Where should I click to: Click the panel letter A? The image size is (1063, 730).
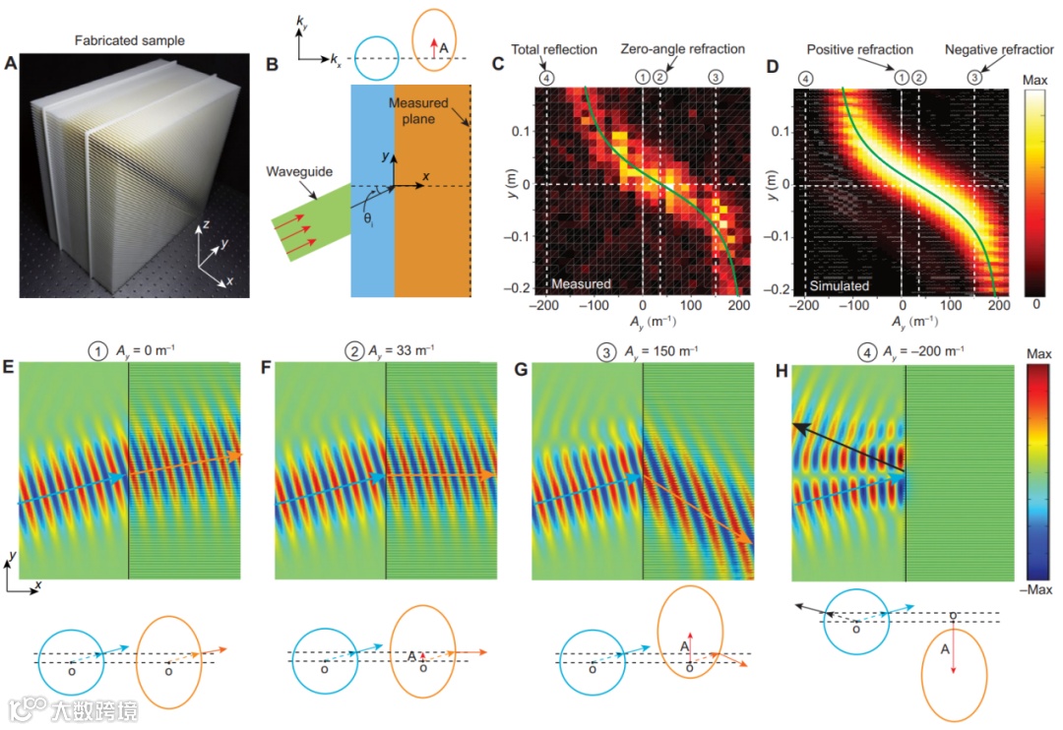pyautogui.click(x=12, y=65)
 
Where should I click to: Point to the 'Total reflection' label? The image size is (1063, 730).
pyautogui.click(x=553, y=49)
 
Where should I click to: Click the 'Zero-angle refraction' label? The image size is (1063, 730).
pyautogui.click(x=683, y=49)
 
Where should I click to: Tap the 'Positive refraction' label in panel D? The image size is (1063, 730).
pyautogui.click(x=859, y=49)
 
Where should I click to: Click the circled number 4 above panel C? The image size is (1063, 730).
pyautogui.click(x=546, y=76)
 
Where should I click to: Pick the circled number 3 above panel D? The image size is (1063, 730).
pyautogui.click(x=974, y=76)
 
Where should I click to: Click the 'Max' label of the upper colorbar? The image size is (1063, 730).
pyautogui.click(x=1038, y=77)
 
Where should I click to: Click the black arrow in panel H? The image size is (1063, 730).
pyautogui.click(x=846, y=442)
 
